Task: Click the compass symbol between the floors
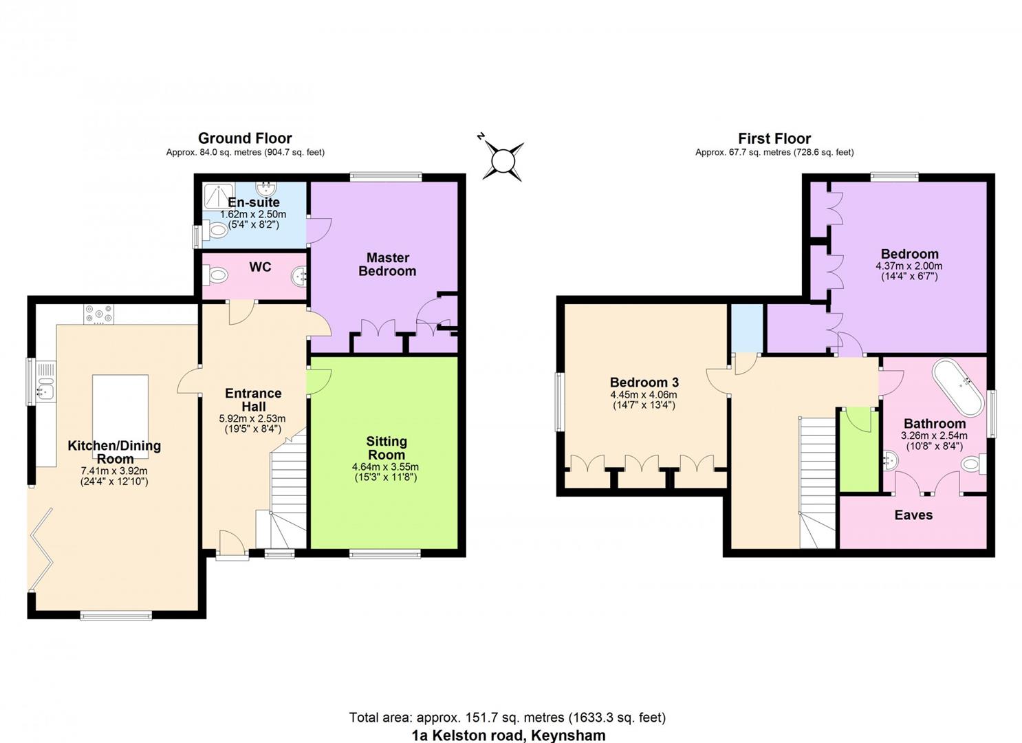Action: pos(503,161)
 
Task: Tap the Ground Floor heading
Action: pos(245,138)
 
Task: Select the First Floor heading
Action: pos(774,138)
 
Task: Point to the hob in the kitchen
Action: pos(98,314)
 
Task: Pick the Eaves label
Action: pos(913,515)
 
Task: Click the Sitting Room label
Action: pos(386,448)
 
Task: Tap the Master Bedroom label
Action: pos(387,264)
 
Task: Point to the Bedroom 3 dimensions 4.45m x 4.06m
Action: pos(643,395)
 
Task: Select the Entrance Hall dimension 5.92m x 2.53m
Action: pos(252,418)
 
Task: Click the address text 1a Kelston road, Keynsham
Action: pos(508,735)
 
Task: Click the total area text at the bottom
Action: pos(507,718)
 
